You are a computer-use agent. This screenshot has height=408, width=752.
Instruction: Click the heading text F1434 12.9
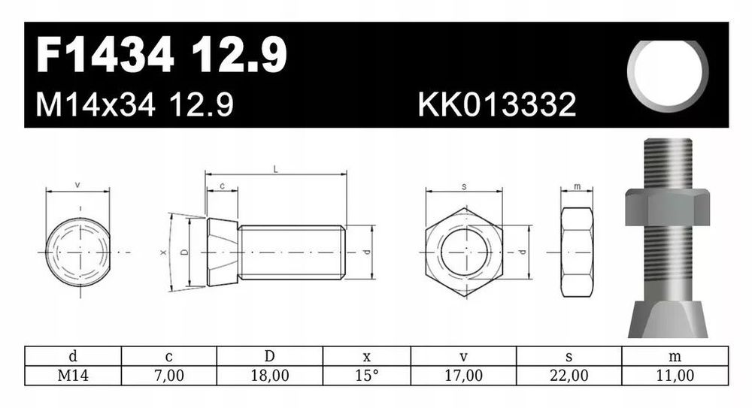point(162,55)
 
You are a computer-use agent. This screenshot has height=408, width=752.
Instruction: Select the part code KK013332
point(497,104)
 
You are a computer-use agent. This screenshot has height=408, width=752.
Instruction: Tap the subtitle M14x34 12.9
point(135,104)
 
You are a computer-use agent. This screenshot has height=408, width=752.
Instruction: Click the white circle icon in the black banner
point(668,75)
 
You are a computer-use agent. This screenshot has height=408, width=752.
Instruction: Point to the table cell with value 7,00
point(168,376)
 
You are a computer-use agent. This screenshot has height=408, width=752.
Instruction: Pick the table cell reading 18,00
point(270,376)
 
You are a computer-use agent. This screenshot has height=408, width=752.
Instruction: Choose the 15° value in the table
point(367,376)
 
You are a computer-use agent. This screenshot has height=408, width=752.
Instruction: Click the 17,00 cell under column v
point(463,376)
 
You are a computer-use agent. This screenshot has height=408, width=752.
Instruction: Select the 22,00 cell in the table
point(569,376)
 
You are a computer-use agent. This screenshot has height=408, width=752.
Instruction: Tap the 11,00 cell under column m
point(675,376)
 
